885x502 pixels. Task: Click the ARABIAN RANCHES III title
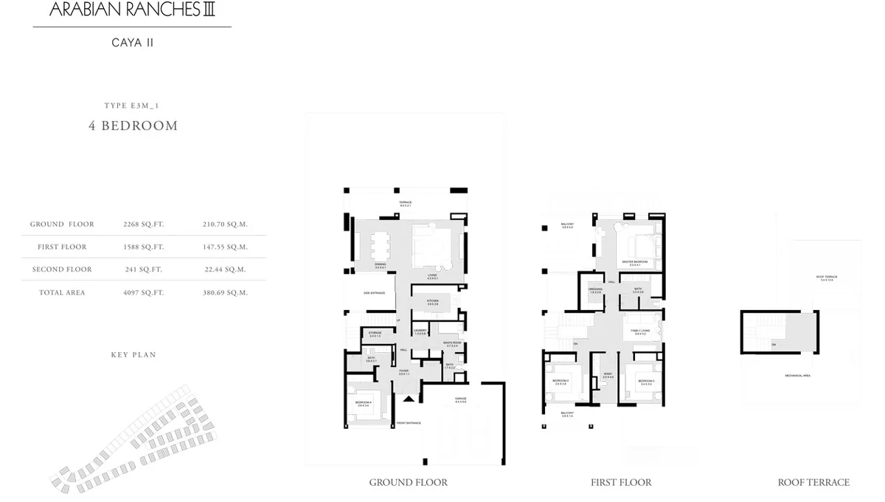pos(133,10)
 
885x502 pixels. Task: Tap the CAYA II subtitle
pos(133,43)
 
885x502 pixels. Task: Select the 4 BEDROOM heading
pos(133,125)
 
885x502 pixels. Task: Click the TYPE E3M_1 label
pos(133,106)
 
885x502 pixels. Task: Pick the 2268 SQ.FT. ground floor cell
pos(143,224)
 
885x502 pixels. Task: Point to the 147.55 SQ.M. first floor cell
pos(226,247)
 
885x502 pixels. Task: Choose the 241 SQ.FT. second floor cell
pos(143,270)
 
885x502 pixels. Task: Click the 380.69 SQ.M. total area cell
pos(226,293)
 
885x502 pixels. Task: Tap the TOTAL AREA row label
pos(62,293)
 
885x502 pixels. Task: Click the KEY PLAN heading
pos(133,355)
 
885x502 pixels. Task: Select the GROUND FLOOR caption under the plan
pos(408,483)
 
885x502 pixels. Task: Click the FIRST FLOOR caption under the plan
pos(621,483)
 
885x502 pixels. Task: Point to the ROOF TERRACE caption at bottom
pos(813,483)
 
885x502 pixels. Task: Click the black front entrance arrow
pos(409,399)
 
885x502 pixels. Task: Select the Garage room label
pos(461,400)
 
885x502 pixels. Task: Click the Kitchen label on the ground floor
pos(434,302)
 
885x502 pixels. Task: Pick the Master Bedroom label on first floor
pos(634,262)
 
